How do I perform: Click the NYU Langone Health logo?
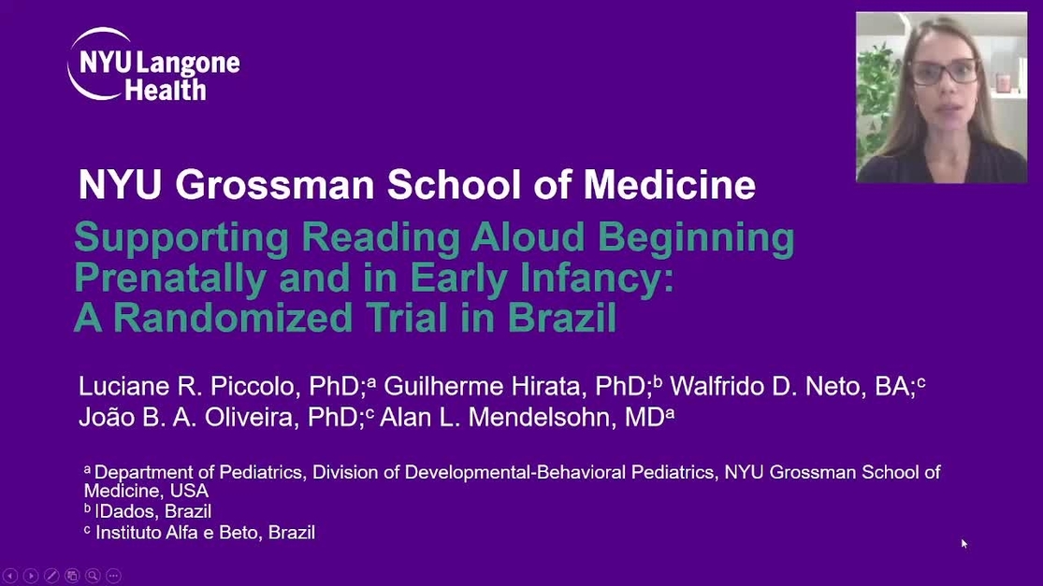(153, 64)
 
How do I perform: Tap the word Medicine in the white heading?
(669, 184)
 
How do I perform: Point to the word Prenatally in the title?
(170, 278)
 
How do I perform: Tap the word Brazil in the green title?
(562, 318)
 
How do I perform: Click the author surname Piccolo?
(253, 386)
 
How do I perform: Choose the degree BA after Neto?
(891, 386)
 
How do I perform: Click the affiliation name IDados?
(125, 511)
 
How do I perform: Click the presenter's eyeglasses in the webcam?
(944, 71)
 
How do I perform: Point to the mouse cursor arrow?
(964, 544)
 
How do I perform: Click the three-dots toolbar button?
(114, 576)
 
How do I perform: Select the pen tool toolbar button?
(51, 576)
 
